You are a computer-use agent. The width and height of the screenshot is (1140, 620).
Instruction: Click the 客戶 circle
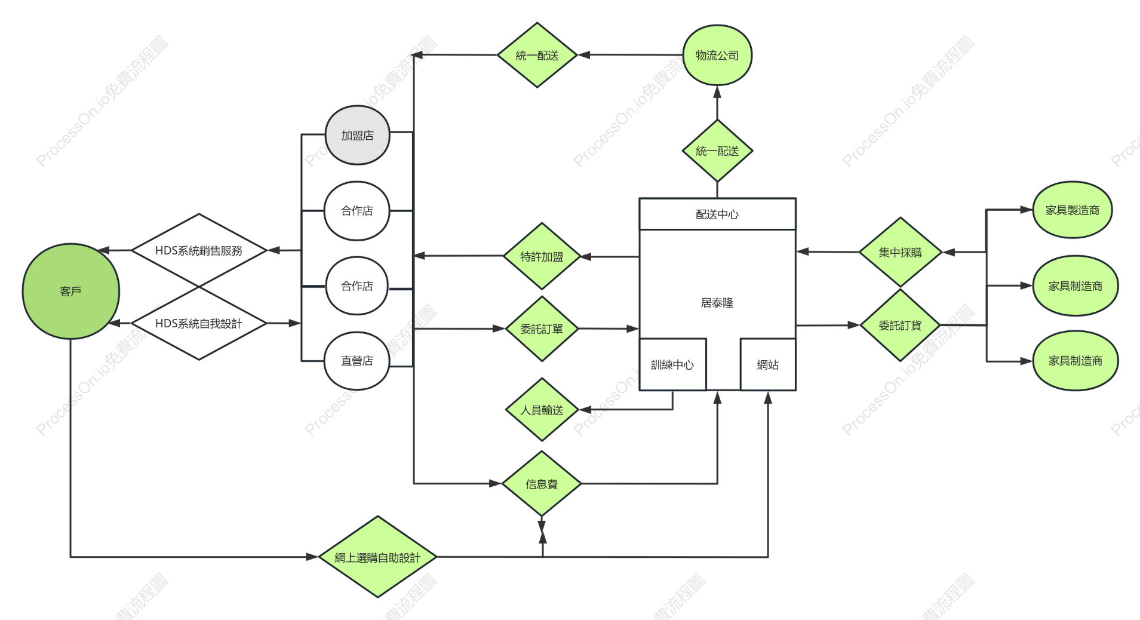pyautogui.click(x=70, y=291)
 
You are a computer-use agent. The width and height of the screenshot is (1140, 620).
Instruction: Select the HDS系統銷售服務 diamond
pyautogui.click(x=199, y=250)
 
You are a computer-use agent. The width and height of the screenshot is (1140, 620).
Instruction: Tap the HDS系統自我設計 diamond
pyautogui.click(x=199, y=323)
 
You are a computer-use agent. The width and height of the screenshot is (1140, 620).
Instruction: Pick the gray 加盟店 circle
pyautogui.click(x=357, y=135)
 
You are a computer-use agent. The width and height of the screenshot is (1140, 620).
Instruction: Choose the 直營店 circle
pyautogui.click(x=357, y=361)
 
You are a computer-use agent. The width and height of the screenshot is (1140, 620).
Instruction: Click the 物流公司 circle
pyautogui.click(x=717, y=55)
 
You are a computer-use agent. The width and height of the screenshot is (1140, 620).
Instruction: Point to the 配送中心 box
pyautogui.click(x=717, y=214)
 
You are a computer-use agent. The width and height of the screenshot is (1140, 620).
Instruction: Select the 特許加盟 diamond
pyautogui.click(x=542, y=256)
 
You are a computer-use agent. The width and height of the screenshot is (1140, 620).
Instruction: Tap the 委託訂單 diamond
pyautogui.click(x=542, y=329)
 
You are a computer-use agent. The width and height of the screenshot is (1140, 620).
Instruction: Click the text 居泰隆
pyautogui.click(x=717, y=303)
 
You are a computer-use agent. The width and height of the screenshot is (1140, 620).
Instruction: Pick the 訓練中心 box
pyautogui.click(x=672, y=364)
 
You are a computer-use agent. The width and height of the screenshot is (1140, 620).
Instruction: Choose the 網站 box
pyautogui.click(x=768, y=364)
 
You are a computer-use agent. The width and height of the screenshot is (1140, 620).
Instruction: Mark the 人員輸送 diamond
pyautogui.click(x=542, y=410)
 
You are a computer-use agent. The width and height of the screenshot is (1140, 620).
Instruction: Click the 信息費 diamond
pyautogui.click(x=542, y=484)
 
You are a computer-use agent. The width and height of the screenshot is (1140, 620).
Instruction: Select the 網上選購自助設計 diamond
pyautogui.click(x=377, y=557)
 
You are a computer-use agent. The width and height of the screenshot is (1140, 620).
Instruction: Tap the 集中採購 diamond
pyautogui.click(x=901, y=252)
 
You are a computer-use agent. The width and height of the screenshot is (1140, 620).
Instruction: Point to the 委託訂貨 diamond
pyautogui.click(x=901, y=326)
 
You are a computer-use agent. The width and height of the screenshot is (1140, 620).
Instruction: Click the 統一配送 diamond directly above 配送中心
pyautogui.click(x=717, y=151)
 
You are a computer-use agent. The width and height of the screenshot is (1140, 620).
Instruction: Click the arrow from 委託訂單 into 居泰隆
pyautogui.click(x=609, y=329)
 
